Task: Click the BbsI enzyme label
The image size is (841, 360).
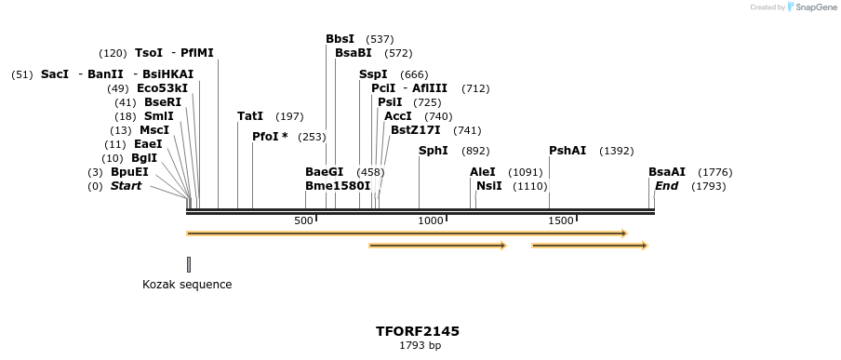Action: click(x=340, y=39)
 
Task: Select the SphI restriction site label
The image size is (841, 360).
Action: click(x=433, y=151)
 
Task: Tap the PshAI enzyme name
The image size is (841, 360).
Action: click(x=567, y=151)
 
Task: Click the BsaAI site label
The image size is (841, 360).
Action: click(x=667, y=172)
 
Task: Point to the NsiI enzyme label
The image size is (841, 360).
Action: click(x=488, y=186)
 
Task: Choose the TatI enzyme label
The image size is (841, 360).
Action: click(x=250, y=116)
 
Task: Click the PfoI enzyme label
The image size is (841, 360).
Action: click(x=270, y=137)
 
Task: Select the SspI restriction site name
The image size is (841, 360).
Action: click(x=373, y=74)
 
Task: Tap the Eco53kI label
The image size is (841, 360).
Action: click(x=162, y=88)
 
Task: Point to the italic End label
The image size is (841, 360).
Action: click(x=666, y=186)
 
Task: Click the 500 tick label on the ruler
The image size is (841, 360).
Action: click(x=303, y=220)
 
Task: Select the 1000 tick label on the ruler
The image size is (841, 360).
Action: click(x=431, y=220)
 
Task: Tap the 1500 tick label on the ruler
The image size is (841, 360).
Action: click(x=561, y=220)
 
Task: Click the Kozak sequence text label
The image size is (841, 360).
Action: click(x=187, y=285)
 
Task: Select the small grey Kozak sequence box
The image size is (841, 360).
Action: click(x=188, y=264)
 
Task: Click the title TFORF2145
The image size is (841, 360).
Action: click(x=418, y=331)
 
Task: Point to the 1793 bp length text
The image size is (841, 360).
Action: click(x=420, y=346)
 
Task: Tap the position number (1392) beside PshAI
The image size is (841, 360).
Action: click(x=616, y=151)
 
